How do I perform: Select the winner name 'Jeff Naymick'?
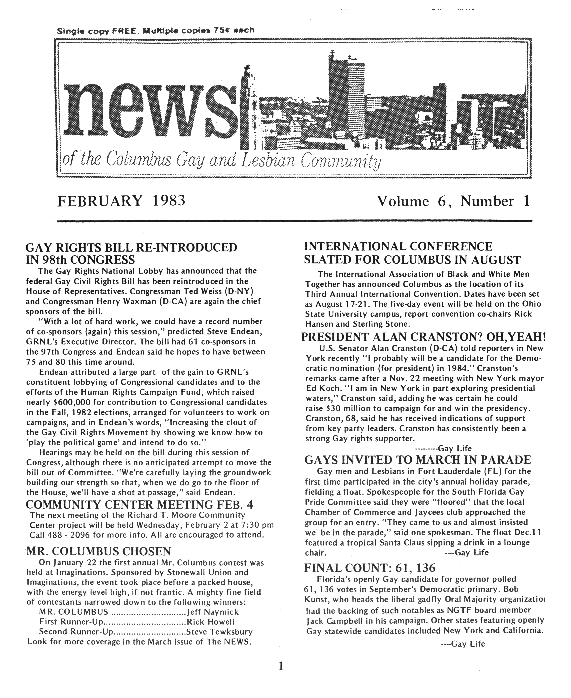pyautogui.click(x=212, y=612)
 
